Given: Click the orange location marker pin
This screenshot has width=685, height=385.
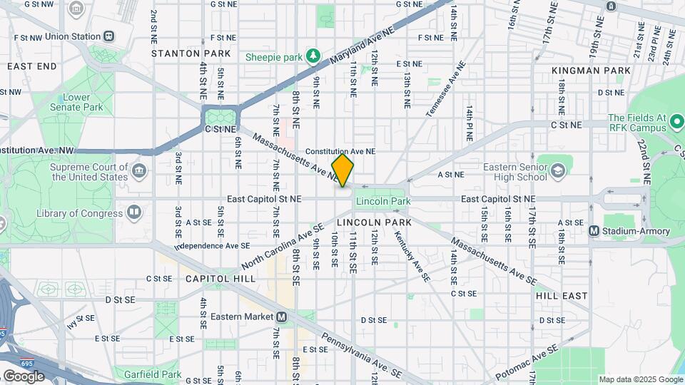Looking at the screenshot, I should pos(342,170).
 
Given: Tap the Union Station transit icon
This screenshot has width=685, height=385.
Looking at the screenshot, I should pos(108,36).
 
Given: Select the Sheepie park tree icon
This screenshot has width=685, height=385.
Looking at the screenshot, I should pos(312,56).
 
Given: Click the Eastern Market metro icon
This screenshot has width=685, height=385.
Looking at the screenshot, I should pos(282,317).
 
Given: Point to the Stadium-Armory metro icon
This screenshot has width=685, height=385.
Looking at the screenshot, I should pos(593,231).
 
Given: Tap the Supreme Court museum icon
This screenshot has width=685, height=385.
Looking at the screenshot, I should pos(139,171).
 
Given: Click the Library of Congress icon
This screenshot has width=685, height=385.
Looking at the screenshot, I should pos(133,212).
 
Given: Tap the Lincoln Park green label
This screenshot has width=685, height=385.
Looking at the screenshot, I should pos(383,202).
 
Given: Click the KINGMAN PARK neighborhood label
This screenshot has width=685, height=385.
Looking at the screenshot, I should pos(591,71).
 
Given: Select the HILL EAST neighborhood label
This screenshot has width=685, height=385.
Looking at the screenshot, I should pos(562,295).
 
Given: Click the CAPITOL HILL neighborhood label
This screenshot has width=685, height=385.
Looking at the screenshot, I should pos(220,279).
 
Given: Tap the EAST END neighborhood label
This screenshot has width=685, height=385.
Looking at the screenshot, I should pos(31,66).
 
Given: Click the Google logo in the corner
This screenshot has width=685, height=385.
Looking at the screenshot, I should pos(24,376).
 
